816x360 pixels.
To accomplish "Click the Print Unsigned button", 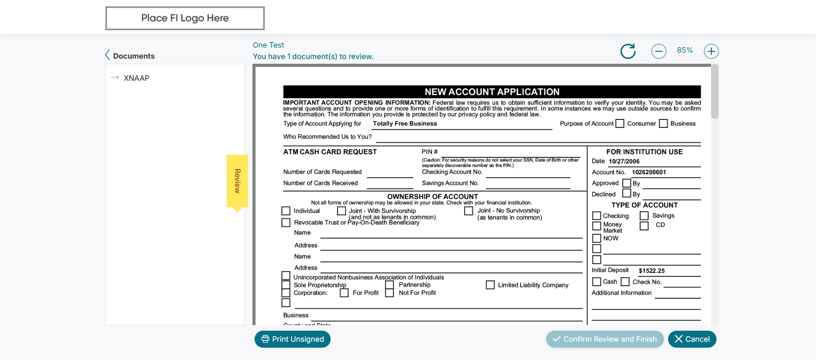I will click(292, 339).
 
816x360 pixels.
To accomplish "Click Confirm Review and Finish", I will click(604, 339).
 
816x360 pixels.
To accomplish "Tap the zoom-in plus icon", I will click(711, 51).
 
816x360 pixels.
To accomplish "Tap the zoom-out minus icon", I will click(659, 51).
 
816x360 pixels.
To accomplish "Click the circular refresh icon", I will click(628, 51).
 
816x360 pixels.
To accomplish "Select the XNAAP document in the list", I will click(136, 78).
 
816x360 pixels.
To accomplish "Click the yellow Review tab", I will click(237, 181).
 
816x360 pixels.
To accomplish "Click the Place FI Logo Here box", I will click(185, 18).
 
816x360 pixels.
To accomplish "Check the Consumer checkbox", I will click(620, 124).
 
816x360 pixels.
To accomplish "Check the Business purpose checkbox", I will click(663, 124).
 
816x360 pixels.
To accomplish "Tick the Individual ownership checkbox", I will click(286, 211).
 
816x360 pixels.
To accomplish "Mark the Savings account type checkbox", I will click(644, 216).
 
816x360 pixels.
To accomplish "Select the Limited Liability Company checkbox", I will click(490, 285).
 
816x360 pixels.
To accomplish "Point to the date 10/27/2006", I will click(624, 162).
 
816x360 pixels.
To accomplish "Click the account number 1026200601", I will click(649, 172).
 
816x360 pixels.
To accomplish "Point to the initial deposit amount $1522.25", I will click(652, 271).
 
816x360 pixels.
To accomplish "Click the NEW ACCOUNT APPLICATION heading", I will click(492, 92).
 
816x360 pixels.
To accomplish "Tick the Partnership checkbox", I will click(389, 285).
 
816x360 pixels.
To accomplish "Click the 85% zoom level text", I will click(685, 50).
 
